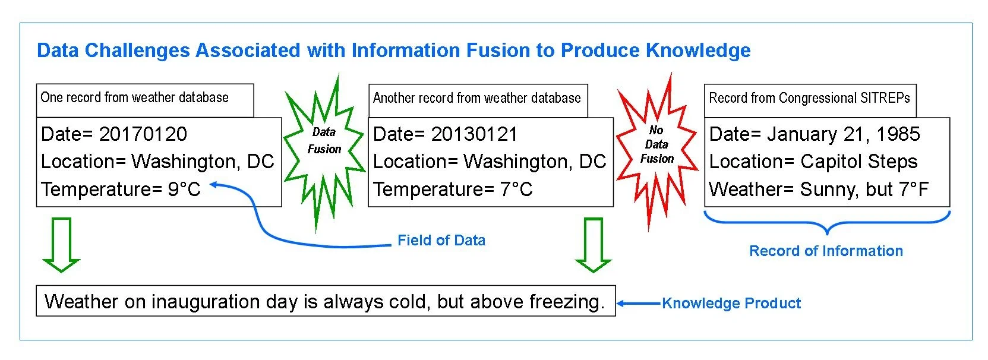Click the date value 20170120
pyautogui.click(x=143, y=134)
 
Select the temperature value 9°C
pyautogui.click(x=184, y=190)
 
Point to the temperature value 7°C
pyautogui.click(x=516, y=190)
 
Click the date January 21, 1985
pyautogui.click(x=844, y=134)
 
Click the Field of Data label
pyautogui.click(x=441, y=240)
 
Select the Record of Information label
pyautogui.click(x=826, y=251)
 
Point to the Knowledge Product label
pyautogui.click(x=731, y=303)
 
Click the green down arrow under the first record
pyautogui.click(x=61, y=244)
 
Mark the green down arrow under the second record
pyautogui.click(x=593, y=244)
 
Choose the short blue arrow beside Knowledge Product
pyautogui.click(x=639, y=303)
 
